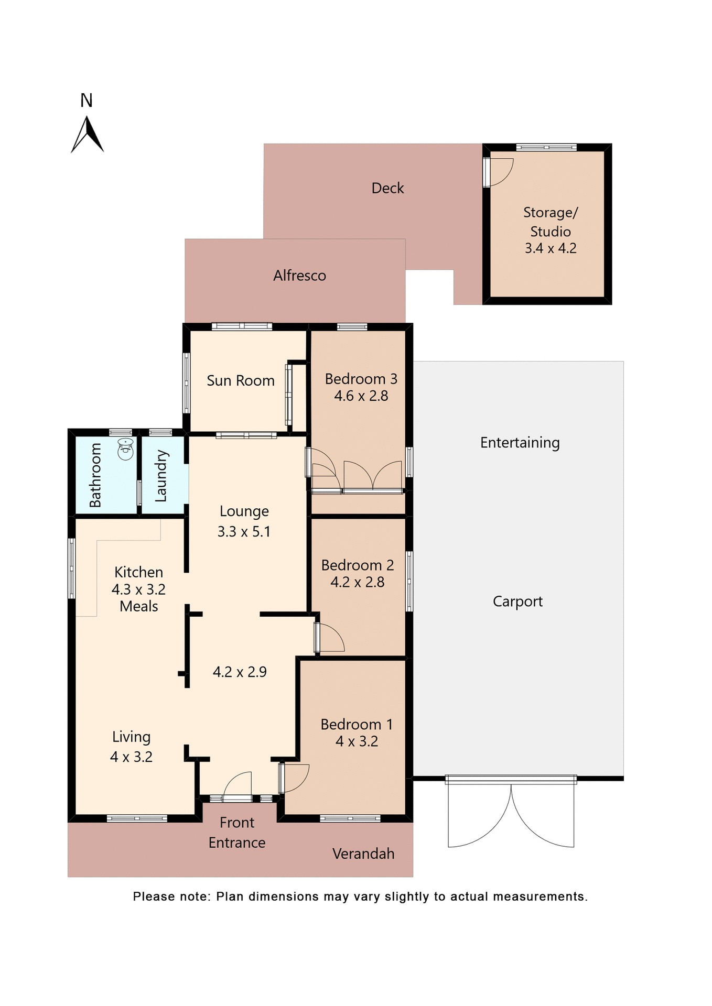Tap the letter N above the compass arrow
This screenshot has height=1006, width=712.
[87, 100]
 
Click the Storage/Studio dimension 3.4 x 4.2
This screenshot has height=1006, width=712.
[551, 248]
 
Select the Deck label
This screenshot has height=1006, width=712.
[387, 188]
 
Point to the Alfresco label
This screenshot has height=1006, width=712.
[299, 276]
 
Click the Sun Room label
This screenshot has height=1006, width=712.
[240, 380]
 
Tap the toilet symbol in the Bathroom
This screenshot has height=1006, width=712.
[125, 449]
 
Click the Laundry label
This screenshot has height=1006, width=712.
[161, 476]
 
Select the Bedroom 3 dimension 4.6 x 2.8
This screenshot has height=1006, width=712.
[361, 396]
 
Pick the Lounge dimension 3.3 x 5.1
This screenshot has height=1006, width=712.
[244, 532]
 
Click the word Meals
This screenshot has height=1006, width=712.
[138, 607]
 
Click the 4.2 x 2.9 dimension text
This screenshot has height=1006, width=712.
[240, 672]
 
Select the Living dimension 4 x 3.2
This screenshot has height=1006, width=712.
[131, 757]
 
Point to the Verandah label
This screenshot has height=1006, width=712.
[363, 854]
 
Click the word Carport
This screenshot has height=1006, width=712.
[517, 602]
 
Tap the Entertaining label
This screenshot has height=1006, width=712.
[520, 443]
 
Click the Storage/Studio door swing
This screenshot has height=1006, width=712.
[500, 171]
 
